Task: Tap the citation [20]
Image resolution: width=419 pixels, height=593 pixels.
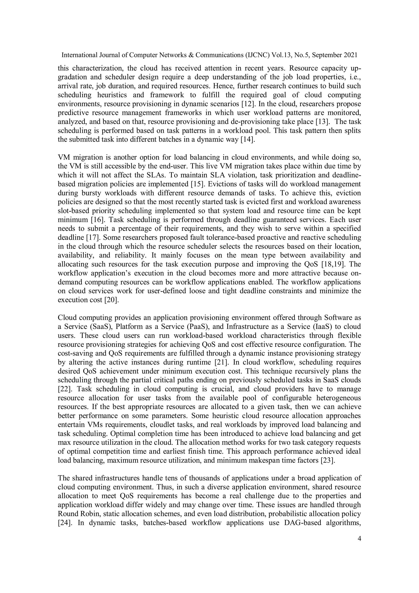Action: [x=112, y=300]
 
